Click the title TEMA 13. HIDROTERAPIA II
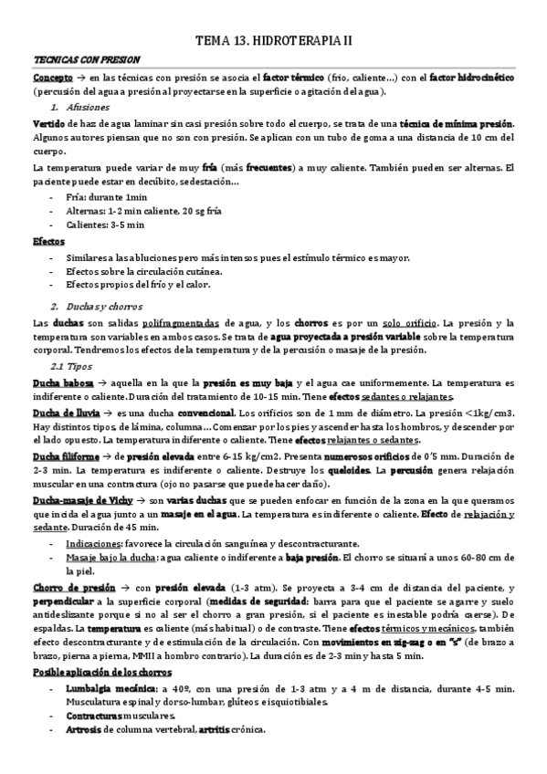tap(274, 41)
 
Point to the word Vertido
tap(47, 123)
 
